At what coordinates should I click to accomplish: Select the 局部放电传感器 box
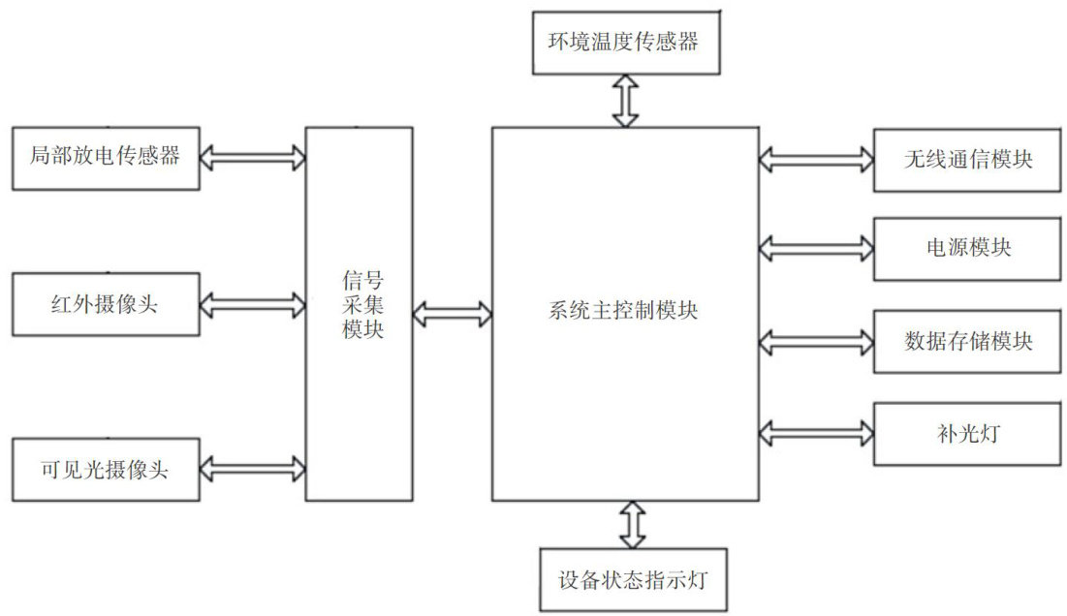tap(105, 157)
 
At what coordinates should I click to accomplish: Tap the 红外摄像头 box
tap(105, 306)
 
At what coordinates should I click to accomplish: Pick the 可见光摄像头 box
tap(105, 470)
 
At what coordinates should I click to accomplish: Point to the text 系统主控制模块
tap(624, 312)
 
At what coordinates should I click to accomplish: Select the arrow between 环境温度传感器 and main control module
tap(626, 100)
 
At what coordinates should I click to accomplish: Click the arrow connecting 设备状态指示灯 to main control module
tap(634, 525)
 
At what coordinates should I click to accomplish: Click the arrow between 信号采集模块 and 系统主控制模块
tap(453, 312)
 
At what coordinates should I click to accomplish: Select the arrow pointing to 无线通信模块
tap(816, 157)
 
